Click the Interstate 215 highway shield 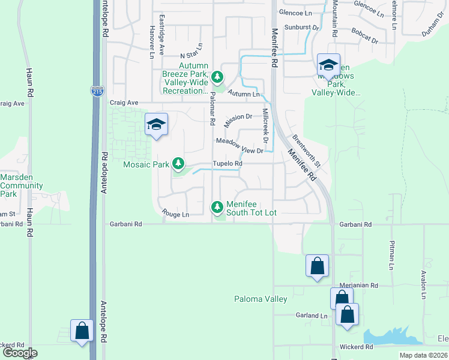[96, 91]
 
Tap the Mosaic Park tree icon [178, 163]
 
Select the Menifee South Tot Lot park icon [217, 208]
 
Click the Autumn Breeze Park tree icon [217, 77]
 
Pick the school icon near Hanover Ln [156, 124]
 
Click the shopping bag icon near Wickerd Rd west [82, 331]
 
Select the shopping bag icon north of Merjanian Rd [317, 266]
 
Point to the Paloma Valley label [260, 299]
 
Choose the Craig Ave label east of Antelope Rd [124, 103]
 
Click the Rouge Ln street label [175, 214]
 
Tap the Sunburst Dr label [302, 28]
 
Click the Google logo [20, 353]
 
